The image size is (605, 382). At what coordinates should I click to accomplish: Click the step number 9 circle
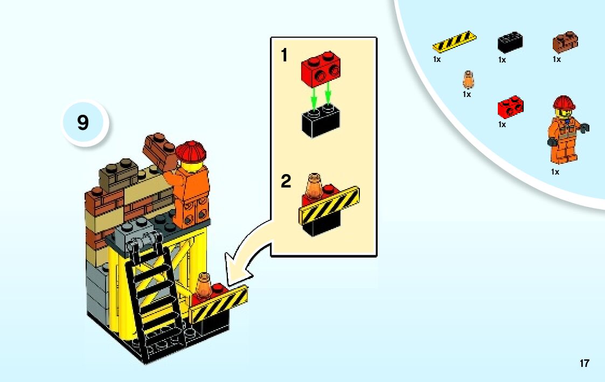tap(83, 123)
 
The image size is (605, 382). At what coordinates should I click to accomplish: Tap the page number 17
tap(585, 364)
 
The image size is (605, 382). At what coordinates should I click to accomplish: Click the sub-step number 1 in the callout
tap(284, 55)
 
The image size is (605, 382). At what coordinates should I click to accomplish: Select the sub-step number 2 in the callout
tap(286, 182)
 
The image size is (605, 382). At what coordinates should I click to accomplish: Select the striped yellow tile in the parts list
tap(454, 41)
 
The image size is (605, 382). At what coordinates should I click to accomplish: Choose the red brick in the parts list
tap(510, 107)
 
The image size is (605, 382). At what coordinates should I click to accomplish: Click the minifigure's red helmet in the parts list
tap(564, 102)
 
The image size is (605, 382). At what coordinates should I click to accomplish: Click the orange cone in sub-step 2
tap(313, 186)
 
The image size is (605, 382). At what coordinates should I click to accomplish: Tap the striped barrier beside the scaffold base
tap(219, 305)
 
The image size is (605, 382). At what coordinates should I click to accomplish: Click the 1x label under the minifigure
tap(555, 172)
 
